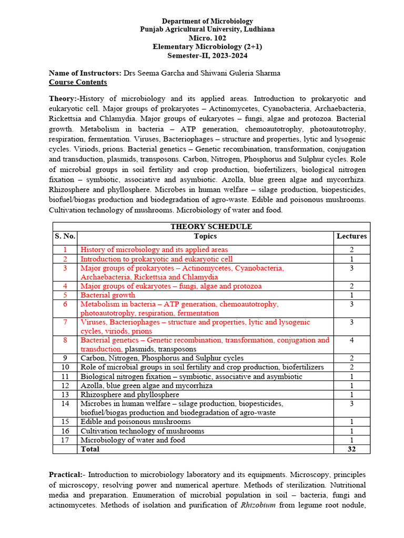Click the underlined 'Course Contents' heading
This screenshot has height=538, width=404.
(x=78, y=82)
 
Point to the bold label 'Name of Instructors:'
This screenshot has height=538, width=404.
(x=85, y=73)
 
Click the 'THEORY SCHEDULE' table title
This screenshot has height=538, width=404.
(x=211, y=226)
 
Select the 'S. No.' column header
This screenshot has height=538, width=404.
(x=65, y=236)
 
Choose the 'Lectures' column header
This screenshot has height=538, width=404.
(x=351, y=236)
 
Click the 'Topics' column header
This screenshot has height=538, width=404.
(x=205, y=236)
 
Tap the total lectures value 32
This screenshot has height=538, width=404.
(x=351, y=449)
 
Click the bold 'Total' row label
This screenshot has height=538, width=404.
(x=90, y=449)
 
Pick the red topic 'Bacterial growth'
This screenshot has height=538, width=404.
(x=108, y=295)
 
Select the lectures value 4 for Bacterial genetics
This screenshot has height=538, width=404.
(x=351, y=340)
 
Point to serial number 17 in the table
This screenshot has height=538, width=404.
(x=65, y=440)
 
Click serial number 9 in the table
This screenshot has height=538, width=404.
(x=65, y=358)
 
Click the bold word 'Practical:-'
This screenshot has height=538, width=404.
(x=67, y=474)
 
